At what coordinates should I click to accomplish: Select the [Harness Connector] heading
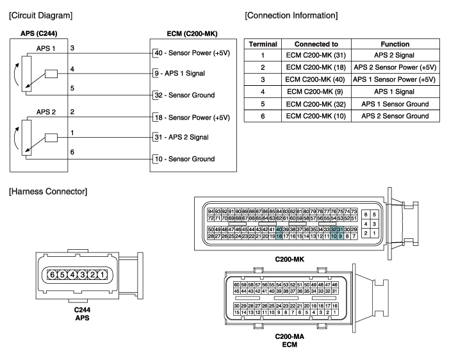click(x=41, y=191)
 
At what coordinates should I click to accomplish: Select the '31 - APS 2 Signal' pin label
click(x=186, y=137)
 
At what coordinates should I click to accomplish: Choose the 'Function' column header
click(x=395, y=44)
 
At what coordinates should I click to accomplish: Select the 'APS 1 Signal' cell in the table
click(x=395, y=92)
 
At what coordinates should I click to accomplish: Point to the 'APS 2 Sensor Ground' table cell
click(x=395, y=116)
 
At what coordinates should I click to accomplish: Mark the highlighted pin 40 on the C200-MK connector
click(x=279, y=229)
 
